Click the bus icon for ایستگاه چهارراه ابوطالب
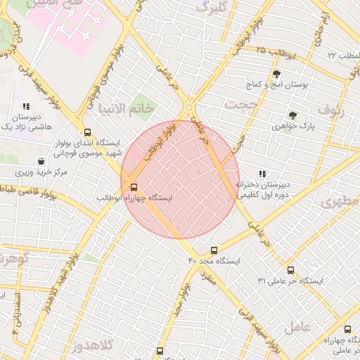[x=134, y=186]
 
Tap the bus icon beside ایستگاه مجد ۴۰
[x=214, y=250]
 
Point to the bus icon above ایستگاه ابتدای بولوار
[x=87, y=131]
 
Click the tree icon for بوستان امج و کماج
[x=276, y=74]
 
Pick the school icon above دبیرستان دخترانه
[x=262, y=174]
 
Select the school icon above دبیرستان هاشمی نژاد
[x=26, y=106]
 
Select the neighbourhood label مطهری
[x=340, y=203]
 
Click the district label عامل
[x=298, y=327]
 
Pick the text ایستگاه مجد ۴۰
[x=214, y=261]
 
